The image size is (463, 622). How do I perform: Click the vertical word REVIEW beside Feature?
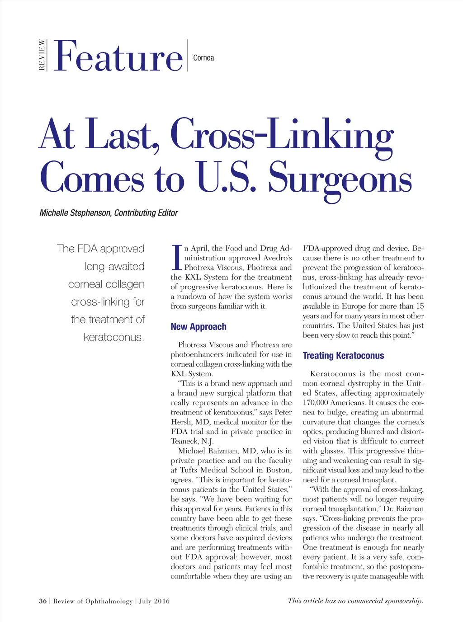42,55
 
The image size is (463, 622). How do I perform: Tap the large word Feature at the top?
118,57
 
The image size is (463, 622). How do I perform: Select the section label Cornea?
203,58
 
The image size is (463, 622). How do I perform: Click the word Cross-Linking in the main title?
282,134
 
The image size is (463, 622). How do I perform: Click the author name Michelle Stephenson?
75,213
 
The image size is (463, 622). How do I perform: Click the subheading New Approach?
198,327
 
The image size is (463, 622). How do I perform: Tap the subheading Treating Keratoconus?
343,356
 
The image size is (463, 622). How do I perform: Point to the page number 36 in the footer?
43,601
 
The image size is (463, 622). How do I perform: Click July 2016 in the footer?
154,601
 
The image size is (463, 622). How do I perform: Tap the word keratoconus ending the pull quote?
113,337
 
